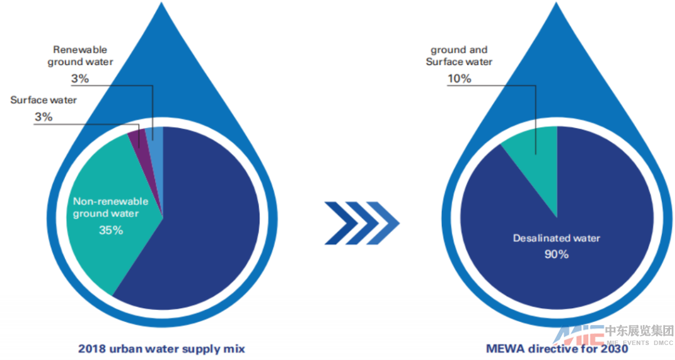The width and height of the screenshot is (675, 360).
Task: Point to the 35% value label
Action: coord(111,230)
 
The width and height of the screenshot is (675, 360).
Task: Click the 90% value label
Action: coord(556,254)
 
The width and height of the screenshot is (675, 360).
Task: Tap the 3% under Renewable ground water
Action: coord(80,79)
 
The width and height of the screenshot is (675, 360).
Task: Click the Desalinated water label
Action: coord(556,238)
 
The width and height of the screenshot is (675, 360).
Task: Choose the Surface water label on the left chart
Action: coord(43,100)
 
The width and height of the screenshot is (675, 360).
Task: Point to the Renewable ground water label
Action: coord(80,55)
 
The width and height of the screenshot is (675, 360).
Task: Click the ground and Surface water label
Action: coord(459,56)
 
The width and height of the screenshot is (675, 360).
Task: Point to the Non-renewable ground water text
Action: coord(111,207)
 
